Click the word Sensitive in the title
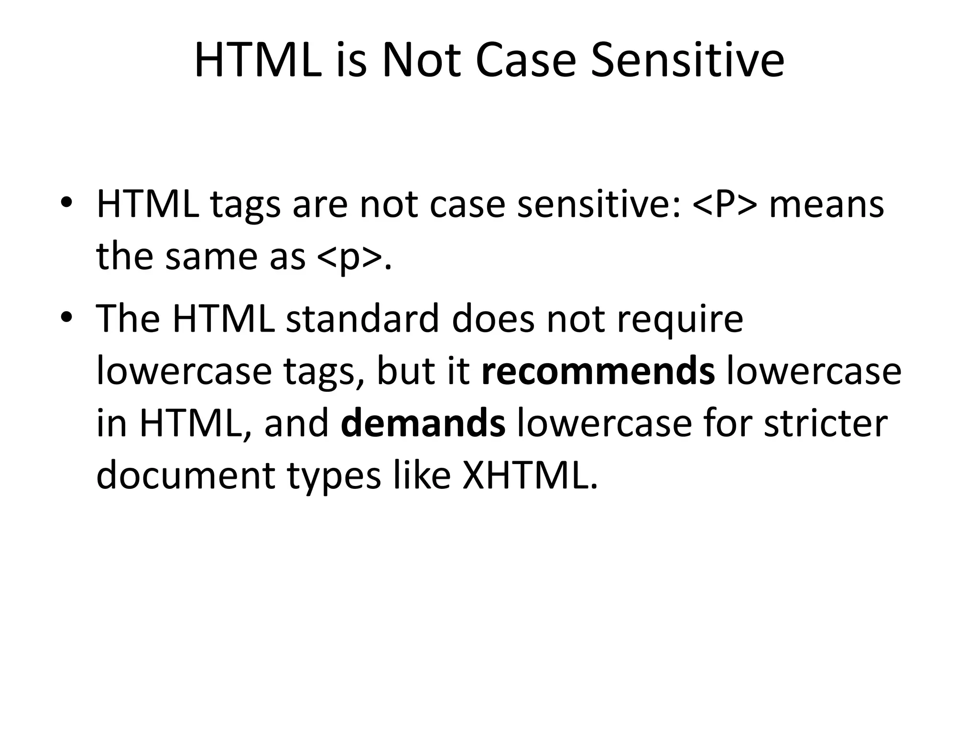coord(687,61)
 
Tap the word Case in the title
coord(526,61)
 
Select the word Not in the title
coord(421,61)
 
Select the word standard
coord(362,319)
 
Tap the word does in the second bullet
coord(493,319)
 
